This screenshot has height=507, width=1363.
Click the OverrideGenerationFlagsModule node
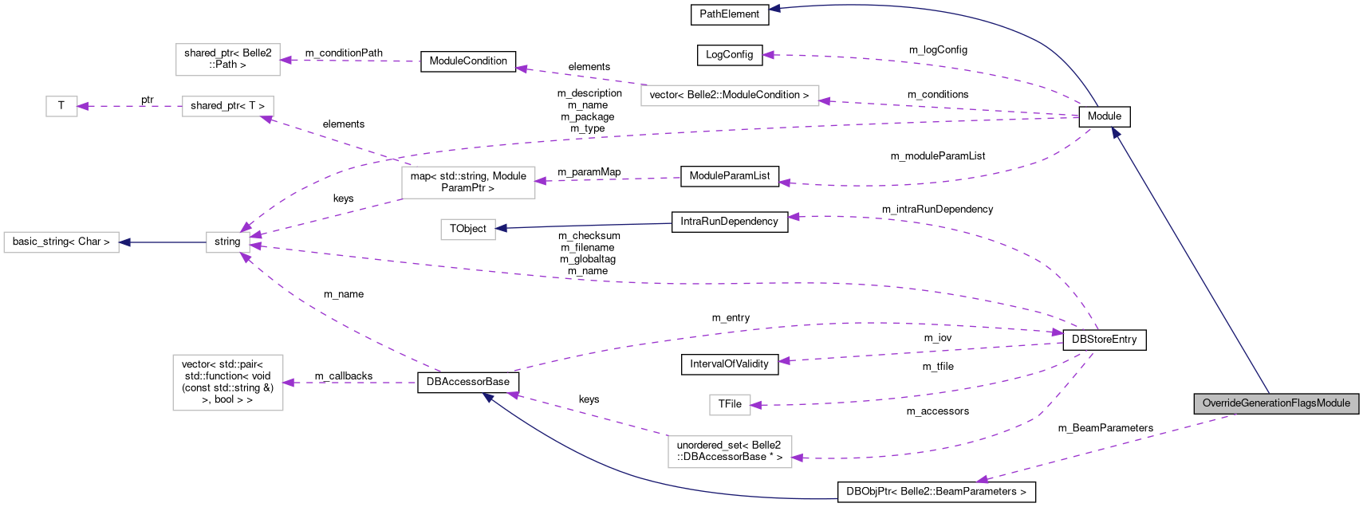tap(1275, 403)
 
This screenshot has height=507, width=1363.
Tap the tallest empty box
tap(228, 383)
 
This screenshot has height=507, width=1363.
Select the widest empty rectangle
tap(730, 96)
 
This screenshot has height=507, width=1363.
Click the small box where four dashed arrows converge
tap(228, 242)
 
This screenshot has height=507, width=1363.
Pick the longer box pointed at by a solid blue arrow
tap(61, 242)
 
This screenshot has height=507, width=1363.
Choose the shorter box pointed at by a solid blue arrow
tap(468, 230)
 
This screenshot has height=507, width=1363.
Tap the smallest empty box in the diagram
tap(61, 106)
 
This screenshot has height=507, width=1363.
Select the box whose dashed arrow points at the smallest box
tap(228, 106)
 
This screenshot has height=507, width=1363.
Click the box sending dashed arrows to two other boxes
tap(468, 183)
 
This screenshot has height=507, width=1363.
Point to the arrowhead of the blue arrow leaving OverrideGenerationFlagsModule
tap(1116, 133)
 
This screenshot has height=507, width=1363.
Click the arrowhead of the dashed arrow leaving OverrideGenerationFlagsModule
tap(982, 480)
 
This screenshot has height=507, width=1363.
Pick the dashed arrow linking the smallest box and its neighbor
tap(132, 106)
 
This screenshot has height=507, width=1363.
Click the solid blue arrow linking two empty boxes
tap(163, 242)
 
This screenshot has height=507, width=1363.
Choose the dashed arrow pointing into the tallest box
tap(351, 383)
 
